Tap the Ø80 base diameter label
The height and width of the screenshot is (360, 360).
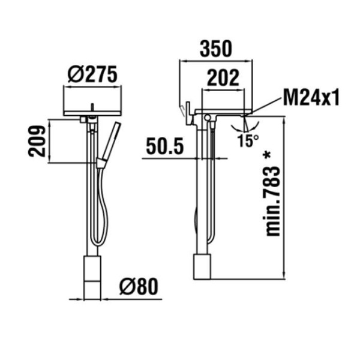[140, 287]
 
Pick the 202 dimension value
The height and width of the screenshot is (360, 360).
[223, 78]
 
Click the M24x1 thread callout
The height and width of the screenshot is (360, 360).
[311, 97]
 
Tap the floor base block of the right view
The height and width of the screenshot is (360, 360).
[203, 266]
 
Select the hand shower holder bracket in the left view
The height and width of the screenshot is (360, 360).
[101, 162]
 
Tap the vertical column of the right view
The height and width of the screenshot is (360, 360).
[200, 192]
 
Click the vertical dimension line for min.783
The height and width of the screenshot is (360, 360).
[284, 198]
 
